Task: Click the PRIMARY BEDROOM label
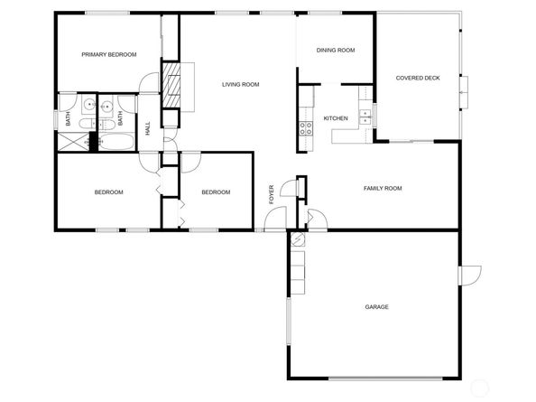point(108,54)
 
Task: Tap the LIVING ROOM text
point(241,85)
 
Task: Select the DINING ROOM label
point(336,51)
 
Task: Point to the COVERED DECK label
point(418,78)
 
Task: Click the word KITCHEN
point(336,118)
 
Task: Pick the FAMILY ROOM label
point(383,188)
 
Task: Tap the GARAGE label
point(376,307)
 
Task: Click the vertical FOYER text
point(272,194)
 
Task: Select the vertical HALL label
point(148,128)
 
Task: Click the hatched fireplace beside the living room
point(171,85)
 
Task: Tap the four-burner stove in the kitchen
point(306,128)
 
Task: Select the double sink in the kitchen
point(365,117)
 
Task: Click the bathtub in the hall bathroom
point(116,141)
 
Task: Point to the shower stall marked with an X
point(73,142)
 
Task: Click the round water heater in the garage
point(298,239)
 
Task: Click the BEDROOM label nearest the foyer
point(216,192)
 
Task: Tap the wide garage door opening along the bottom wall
point(385,379)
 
